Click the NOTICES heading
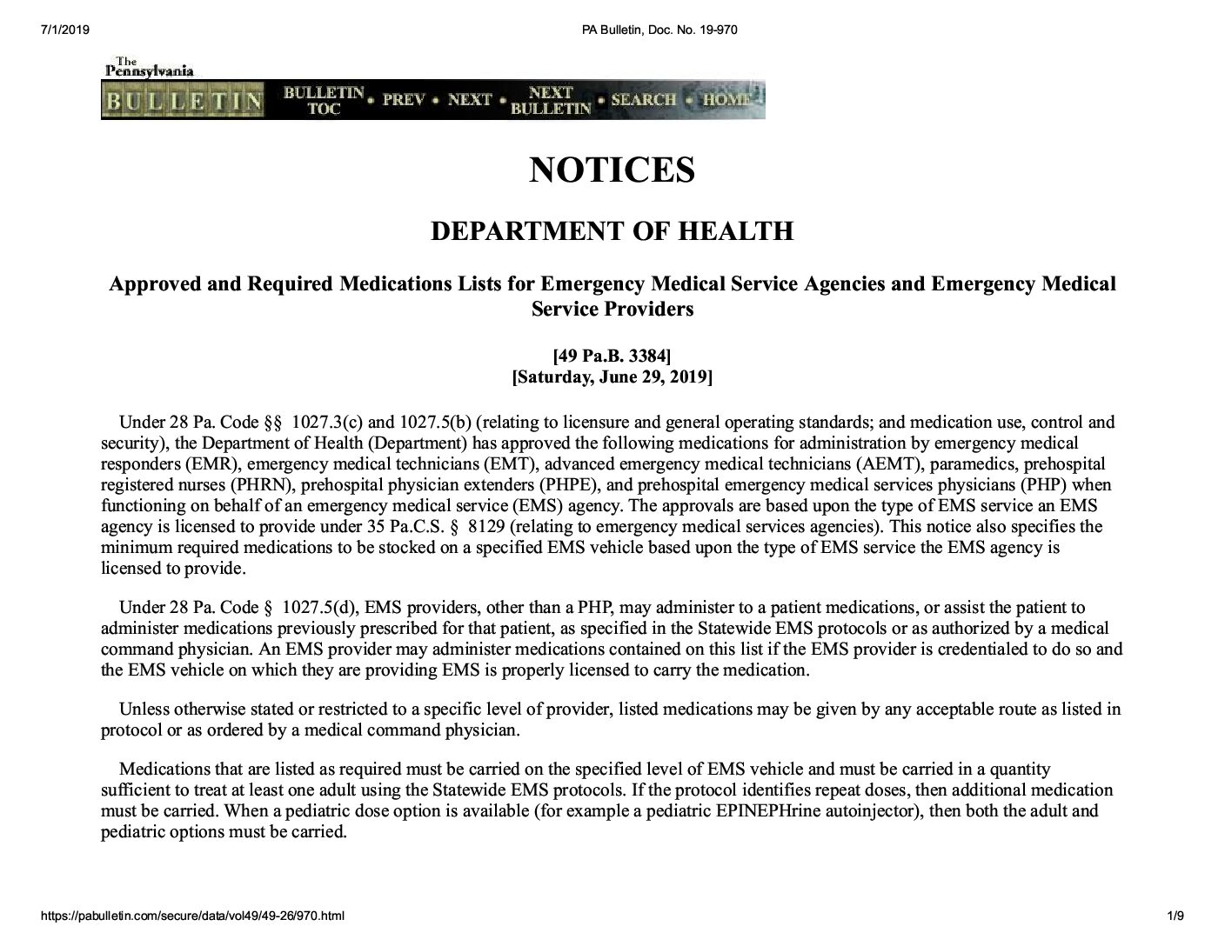612,170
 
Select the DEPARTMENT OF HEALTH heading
612,231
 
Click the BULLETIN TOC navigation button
324,100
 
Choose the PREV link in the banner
403,100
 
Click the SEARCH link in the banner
643,100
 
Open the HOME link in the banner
726,100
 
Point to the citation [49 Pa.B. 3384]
612,356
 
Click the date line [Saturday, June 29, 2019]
612,377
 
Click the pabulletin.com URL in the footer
192,916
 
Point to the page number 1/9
1175,916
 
